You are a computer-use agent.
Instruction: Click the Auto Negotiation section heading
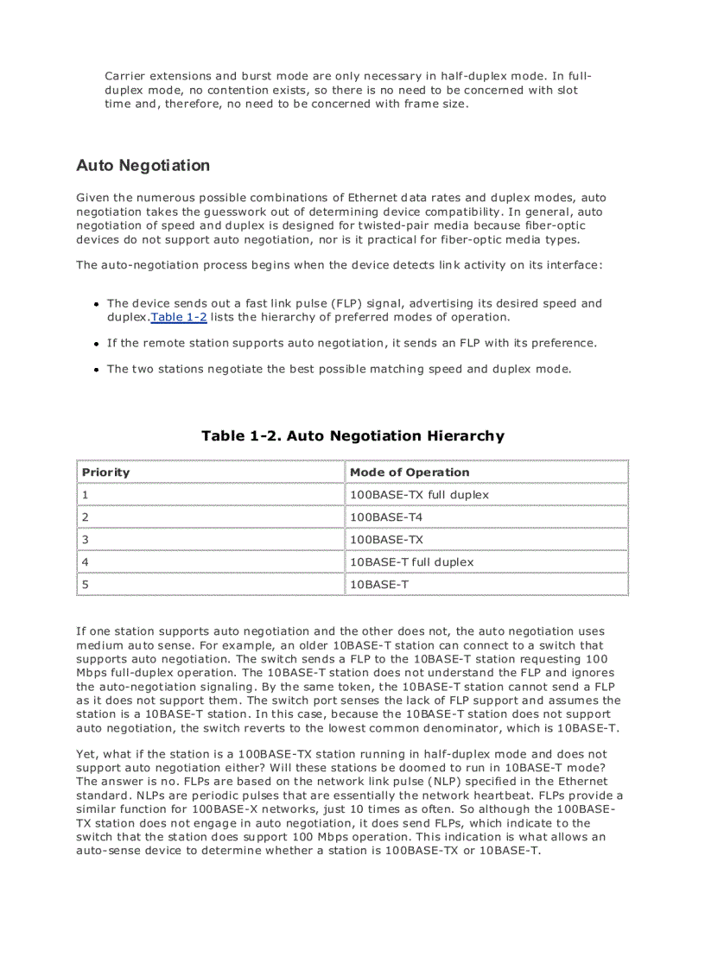pos(143,165)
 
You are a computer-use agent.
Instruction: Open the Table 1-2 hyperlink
pos(179,317)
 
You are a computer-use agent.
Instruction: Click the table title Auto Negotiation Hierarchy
pos(352,435)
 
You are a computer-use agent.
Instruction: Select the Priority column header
pos(105,472)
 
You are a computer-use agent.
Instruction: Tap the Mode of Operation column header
pos(410,472)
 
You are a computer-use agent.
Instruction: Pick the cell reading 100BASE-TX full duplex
pos(419,495)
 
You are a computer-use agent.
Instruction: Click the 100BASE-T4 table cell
pos(386,517)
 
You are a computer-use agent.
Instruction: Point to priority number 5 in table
pos(86,585)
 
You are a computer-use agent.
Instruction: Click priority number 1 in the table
pos(86,495)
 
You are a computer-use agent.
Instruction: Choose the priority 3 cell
pos(86,540)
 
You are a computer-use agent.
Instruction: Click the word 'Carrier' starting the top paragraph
pos(124,77)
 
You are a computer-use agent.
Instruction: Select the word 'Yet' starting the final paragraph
pos(86,754)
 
